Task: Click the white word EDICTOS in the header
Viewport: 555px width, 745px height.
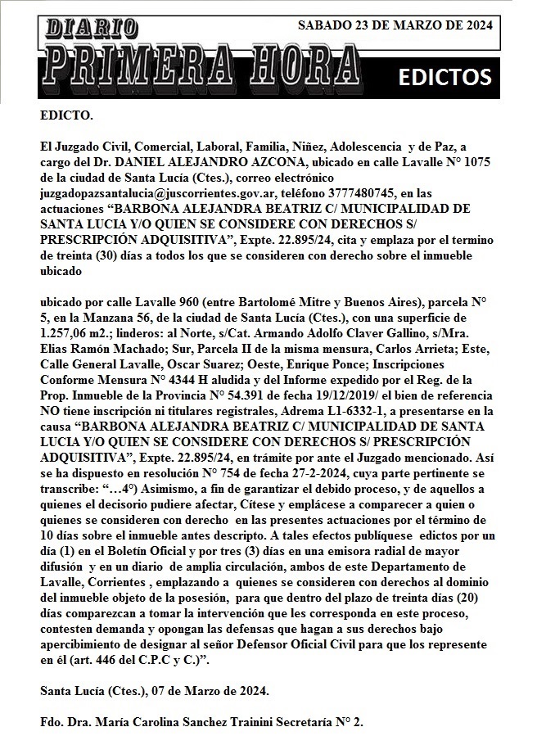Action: [x=444, y=77]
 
